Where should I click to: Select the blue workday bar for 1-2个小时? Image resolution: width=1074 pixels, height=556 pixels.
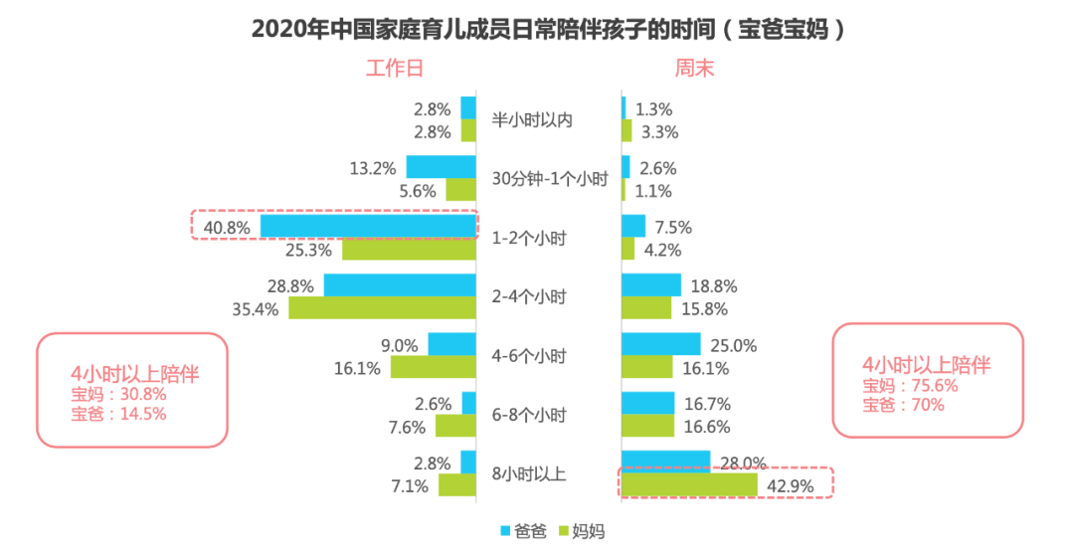tap(368, 226)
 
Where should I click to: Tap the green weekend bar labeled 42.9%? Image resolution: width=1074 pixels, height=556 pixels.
tap(689, 485)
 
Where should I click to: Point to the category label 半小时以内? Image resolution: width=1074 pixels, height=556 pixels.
tap(533, 120)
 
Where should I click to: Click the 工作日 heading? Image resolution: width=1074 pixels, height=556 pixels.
tap(394, 69)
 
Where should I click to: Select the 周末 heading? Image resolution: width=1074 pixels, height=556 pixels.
tap(694, 69)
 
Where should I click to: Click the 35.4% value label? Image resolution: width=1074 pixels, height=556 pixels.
tap(256, 308)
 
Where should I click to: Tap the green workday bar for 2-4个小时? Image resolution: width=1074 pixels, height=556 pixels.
tap(383, 308)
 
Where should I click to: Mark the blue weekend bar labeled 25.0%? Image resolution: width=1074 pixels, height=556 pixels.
tap(660, 345)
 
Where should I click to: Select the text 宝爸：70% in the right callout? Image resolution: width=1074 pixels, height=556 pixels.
tap(903, 404)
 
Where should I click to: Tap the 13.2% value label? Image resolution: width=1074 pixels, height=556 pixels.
tap(373, 168)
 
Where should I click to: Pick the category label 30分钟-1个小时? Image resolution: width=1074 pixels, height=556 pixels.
tap(550, 180)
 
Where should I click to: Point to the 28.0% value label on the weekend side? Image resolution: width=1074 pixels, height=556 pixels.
tap(741, 463)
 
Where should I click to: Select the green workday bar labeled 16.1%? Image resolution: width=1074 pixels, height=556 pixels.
tap(434, 367)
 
